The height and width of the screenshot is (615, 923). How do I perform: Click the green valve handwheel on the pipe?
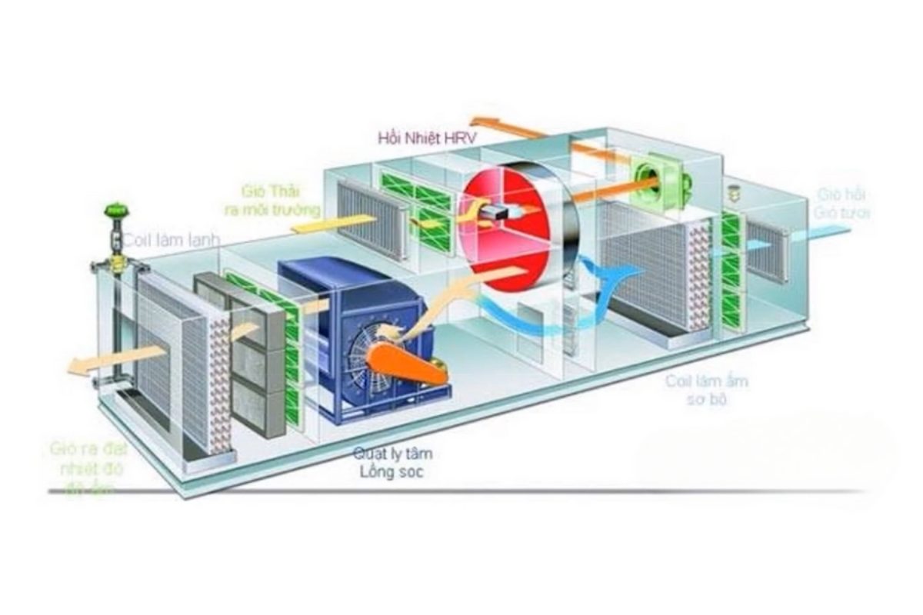pyautogui.click(x=118, y=209)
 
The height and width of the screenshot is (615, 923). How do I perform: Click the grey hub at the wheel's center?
pyautogui.click(x=495, y=212)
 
